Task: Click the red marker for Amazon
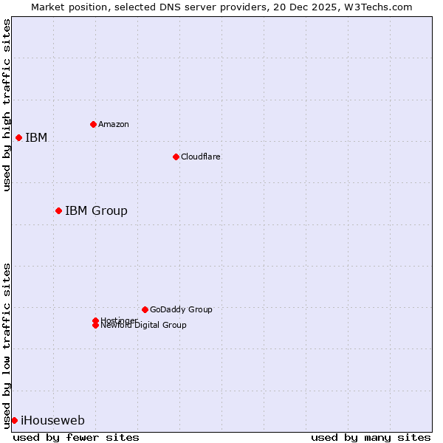pyautogui.click(x=93, y=124)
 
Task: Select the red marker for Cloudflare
pyautogui.click(x=176, y=157)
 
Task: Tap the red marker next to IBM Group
pyautogui.click(x=58, y=211)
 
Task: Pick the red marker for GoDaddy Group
pyautogui.click(x=145, y=309)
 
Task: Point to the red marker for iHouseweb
pyautogui.click(x=14, y=421)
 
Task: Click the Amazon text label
pyautogui.click(x=114, y=124)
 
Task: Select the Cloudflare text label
pyautogui.click(x=201, y=157)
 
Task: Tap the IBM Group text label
pyautogui.click(x=96, y=211)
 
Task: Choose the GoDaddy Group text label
pyautogui.click(x=181, y=309)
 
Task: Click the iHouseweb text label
pyautogui.click(x=52, y=421)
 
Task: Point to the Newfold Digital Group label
pyautogui.click(x=143, y=326)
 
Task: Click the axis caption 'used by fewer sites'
pyautogui.click(x=76, y=437)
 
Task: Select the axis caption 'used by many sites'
pyautogui.click(x=371, y=437)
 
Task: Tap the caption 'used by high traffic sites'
pyautogui.click(x=7, y=105)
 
